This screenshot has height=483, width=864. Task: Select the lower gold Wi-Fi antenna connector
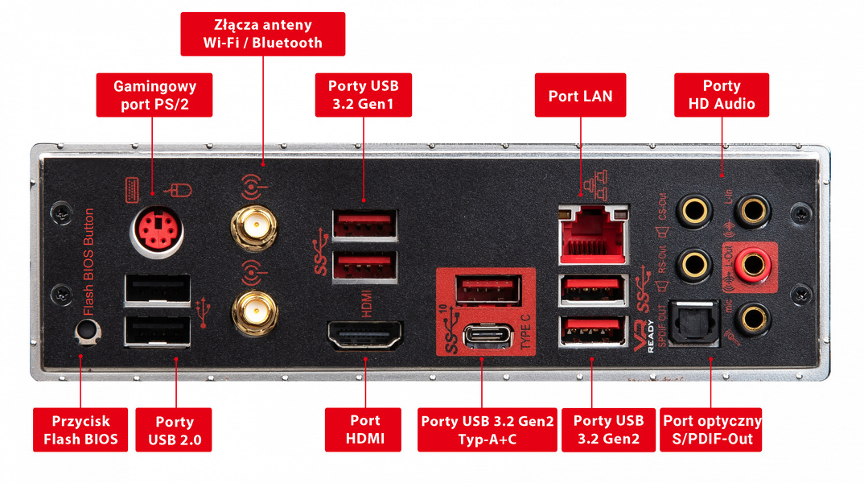coord(251,310)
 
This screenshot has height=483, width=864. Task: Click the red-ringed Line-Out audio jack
coord(754,262)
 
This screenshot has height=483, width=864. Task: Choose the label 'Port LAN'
coord(580,96)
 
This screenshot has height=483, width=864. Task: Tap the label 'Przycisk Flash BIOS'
coord(80,430)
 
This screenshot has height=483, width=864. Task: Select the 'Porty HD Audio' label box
coord(721,95)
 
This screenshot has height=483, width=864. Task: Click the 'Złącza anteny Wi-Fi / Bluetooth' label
coord(262,34)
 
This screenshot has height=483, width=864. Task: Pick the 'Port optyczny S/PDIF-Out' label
coord(711,430)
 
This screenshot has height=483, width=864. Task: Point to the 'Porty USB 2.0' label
coord(174,430)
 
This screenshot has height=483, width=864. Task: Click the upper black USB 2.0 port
coord(157,291)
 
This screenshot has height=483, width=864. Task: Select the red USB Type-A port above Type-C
coord(488,289)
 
